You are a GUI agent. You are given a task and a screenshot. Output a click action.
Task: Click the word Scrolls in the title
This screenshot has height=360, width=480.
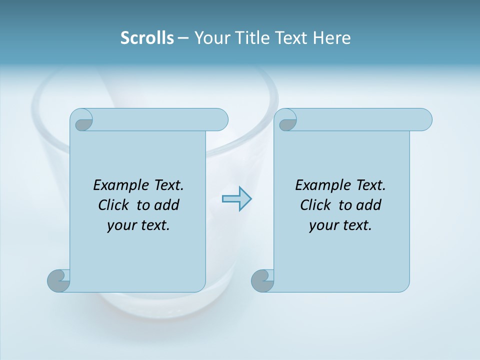tap(147, 38)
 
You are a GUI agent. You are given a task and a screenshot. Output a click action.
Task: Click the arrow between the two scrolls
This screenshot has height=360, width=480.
tap(236, 199)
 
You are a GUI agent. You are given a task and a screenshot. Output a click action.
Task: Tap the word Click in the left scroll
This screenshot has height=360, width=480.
tap(115, 205)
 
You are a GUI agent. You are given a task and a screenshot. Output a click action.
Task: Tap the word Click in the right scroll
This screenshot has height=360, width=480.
tap(317, 205)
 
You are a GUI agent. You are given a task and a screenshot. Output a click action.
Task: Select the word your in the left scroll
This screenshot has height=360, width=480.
tap(120, 225)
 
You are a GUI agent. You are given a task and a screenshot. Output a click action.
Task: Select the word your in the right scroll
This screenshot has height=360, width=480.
tap(322, 225)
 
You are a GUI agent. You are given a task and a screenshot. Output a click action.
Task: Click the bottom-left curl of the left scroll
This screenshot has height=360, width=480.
tap(58, 281)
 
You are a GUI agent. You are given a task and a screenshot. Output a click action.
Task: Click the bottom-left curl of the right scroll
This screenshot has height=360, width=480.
tap(262, 281)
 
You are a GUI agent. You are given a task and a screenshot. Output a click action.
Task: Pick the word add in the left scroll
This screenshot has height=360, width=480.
tap(166, 205)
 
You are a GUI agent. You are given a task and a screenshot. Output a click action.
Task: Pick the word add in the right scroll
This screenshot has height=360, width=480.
tap(368, 205)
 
